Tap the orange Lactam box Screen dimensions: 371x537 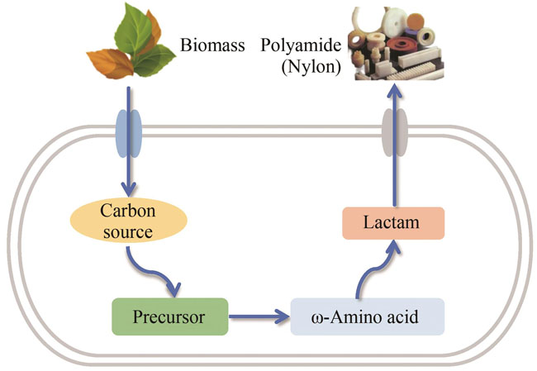coord(394,223)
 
